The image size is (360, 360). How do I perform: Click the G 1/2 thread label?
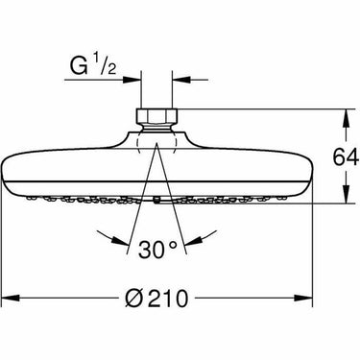pos(93,65)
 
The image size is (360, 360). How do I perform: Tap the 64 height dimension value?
pos(346,157)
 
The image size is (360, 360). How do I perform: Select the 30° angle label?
pos(157,249)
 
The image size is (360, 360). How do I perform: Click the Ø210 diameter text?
pos(156,299)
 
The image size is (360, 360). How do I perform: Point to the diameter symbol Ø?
pos(132,299)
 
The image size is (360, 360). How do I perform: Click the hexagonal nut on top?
pos(156,116)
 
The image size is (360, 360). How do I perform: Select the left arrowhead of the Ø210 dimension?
pos(12,298)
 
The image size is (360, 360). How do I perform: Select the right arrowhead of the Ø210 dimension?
pos(303,298)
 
